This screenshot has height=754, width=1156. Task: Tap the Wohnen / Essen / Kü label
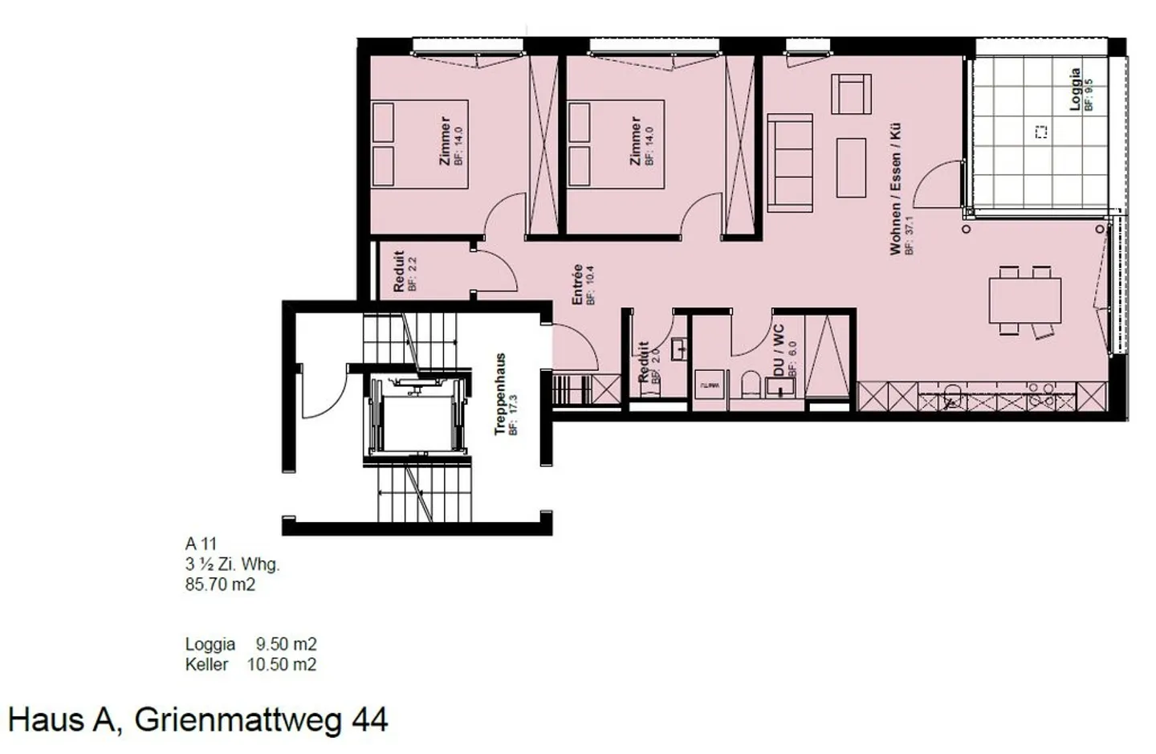(x=895, y=189)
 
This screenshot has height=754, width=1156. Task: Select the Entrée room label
(x=577, y=285)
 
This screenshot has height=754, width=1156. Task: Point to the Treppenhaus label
(x=500, y=394)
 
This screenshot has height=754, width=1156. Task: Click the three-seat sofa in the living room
(x=791, y=161)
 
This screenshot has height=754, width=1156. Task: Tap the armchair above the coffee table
(x=851, y=94)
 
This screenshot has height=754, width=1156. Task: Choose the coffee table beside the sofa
(x=851, y=168)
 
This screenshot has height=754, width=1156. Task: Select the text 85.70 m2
(x=220, y=585)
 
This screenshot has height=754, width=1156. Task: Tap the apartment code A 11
(x=201, y=544)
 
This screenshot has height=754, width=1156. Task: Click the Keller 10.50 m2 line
(x=250, y=664)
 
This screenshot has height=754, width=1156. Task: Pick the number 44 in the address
(x=370, y=719)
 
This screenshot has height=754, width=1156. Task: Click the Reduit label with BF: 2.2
(x=399, y=271)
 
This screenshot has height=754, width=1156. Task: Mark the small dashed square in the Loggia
(x=1041, y=132)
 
